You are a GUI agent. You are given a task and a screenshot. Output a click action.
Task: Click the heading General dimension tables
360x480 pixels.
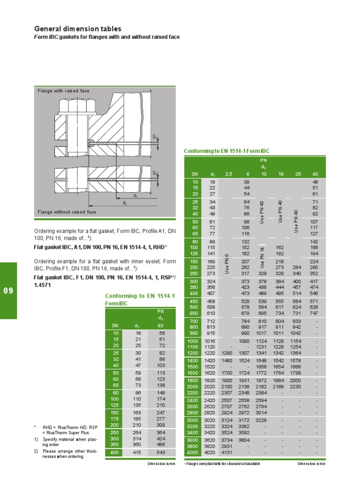78,29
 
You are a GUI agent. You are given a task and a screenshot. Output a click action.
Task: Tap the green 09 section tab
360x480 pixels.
9,291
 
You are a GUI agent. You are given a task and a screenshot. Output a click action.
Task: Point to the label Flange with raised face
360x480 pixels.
63,90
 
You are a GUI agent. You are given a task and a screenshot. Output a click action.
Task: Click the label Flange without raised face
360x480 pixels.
67,212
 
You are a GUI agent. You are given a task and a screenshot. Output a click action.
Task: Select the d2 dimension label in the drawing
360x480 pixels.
125,203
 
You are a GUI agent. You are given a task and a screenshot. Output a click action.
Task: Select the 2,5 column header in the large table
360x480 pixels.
228,174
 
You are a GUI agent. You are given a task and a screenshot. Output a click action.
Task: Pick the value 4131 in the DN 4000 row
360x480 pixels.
227,452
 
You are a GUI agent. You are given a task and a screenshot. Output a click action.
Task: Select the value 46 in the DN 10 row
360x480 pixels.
315,181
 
